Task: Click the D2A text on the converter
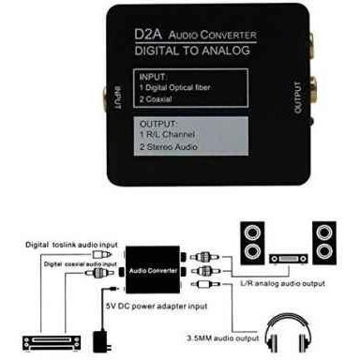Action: [x=148, y=35]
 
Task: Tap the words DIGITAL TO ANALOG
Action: [x=192, y=51]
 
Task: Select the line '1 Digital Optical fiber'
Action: [x=175, y=87]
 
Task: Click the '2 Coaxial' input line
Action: [x=156, y=99]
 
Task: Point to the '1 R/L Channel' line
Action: [x=167, y=134]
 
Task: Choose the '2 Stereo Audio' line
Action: [x=169, y=146]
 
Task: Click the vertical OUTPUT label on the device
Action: [x=298, y=97]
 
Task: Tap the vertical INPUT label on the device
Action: [x=117, y=97]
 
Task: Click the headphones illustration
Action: [x=288, y=333]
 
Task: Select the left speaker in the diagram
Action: [x=252, y=243]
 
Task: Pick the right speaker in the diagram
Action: [x=324, y=243]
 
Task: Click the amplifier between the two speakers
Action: [x=289, y=259]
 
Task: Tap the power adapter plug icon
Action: [x=102, y=340]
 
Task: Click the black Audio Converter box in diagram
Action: [x=153, y=270]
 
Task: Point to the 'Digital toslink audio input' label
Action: [x=71, y=245]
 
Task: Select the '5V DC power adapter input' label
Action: [x=157, y=306]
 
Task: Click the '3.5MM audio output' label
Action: [x=223, y=338]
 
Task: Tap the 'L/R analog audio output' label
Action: [x=282, y=283]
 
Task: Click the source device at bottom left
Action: [x=52, y=343]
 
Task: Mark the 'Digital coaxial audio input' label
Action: [x=81, y=264]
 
